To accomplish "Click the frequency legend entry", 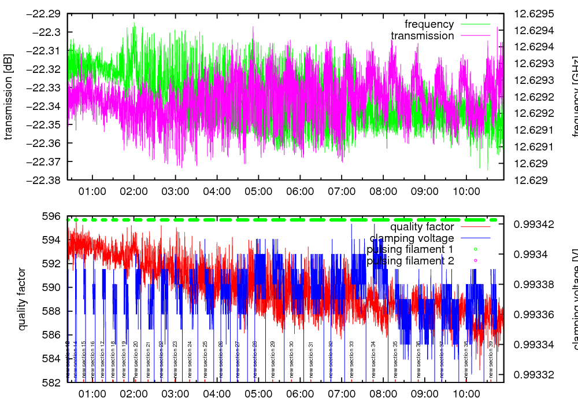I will click(429, 24).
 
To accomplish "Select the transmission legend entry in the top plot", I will click(423, 36).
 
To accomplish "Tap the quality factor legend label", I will click(422, 227).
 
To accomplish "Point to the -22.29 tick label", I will click(43, 13).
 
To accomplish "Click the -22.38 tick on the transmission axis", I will click(43, 180).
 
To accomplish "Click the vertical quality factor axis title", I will click(22, 299).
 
